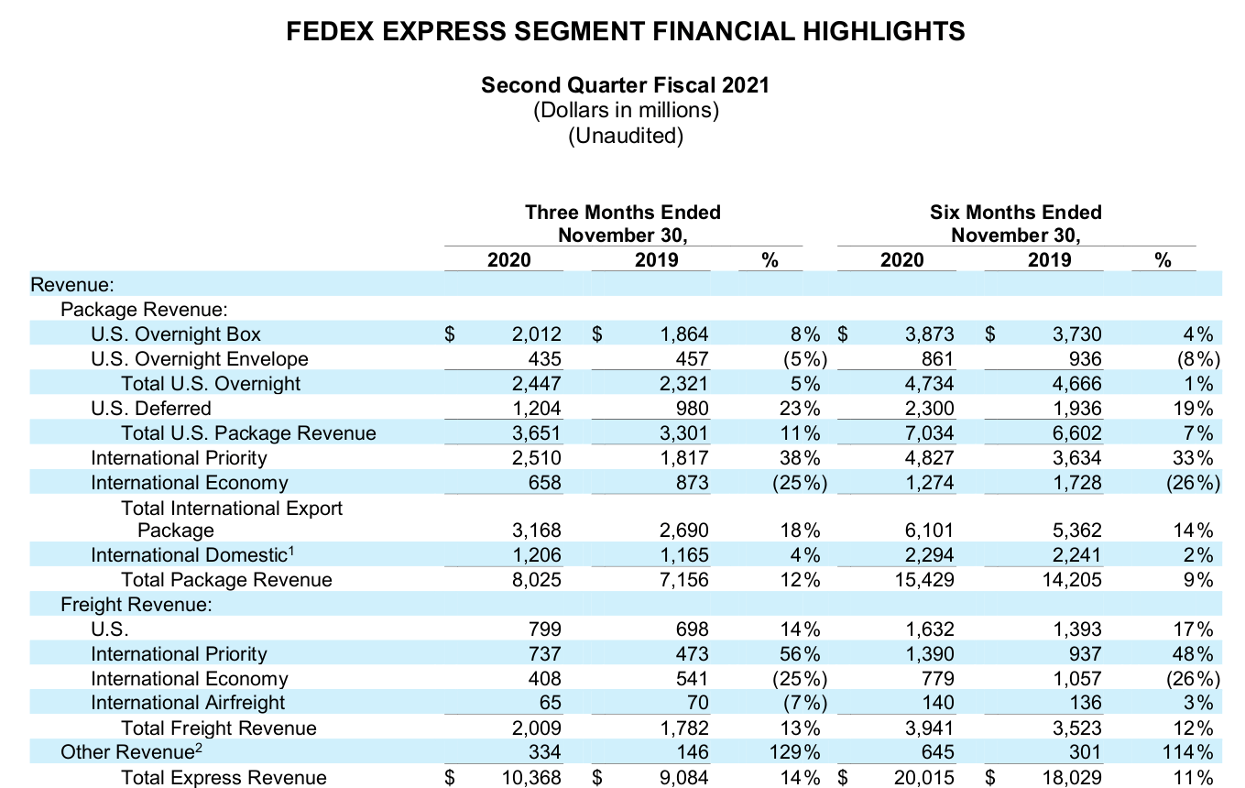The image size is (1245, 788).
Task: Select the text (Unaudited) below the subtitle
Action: pyautogui.click(x=625, y=137)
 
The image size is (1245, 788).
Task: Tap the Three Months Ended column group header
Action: pyautogui.click(x=623, y=213)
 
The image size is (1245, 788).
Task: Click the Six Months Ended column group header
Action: pyautogui.click(x=1015, y=213)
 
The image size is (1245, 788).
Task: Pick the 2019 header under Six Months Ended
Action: pyautogui.click(x=1049, y=260)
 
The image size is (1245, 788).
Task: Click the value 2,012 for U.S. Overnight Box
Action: pyautogui.click(x=536, y=334)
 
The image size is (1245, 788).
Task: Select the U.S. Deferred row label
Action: pyautogui.click(x=151, y=409)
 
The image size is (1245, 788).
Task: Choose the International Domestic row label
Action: pyautogui.click(x=193, y=555)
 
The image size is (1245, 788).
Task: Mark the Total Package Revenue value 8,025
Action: pyautogui.click(x=536, y=580)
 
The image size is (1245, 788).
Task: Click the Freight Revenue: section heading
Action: pyautogui.click(x=137, y=605)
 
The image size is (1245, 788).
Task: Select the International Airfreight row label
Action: pyautogui.click(x=188, y=703)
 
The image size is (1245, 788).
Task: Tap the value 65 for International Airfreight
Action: pyautogui.click(x=549, y=703)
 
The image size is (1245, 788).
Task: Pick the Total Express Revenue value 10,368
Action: pyautogui.click(x=530, y=778)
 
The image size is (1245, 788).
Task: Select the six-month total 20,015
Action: pyautogui.click(x=923, y=778)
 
